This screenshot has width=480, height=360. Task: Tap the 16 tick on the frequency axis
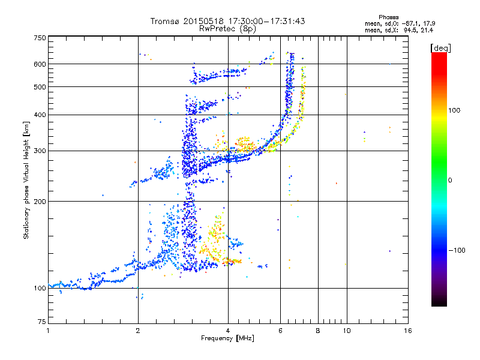[407, 331]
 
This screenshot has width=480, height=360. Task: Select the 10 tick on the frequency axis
[346, 331]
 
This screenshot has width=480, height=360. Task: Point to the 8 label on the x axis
[318, 331]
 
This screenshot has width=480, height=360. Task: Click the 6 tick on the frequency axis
[281, 331]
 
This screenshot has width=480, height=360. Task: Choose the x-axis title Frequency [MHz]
[228, 339]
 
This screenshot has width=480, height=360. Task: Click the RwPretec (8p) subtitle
[227, 28]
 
